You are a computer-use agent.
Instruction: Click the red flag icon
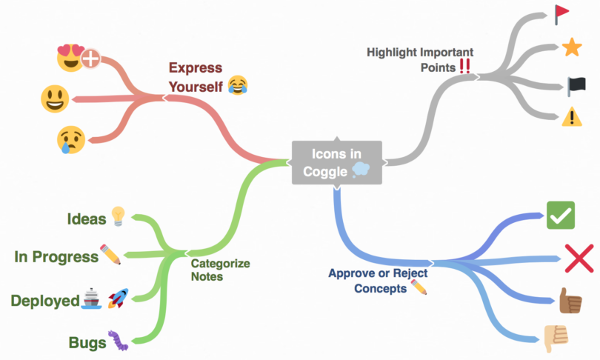(x=561, y=13)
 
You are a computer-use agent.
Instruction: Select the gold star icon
(x=571, y=49)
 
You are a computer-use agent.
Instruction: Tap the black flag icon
(x=572, y=84)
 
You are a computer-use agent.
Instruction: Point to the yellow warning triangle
(x=571, y=117)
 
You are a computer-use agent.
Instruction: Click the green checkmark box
(x=560, y=216)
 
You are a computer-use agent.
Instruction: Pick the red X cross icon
(x=578, y=259)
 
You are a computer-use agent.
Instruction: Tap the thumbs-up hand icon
(x=569, y=301)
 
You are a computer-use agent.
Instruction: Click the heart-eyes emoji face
(x=70, y=57)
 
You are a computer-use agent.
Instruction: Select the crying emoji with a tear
(x=70, y=139)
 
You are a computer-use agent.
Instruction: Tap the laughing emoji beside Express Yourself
(x=237, y=85)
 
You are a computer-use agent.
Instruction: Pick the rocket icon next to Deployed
(x=118, y=299)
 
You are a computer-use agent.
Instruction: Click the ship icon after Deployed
(x=91, y=299)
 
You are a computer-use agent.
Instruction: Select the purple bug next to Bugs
(x=118, y=341)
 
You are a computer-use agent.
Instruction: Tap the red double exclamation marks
(x=465, y=67)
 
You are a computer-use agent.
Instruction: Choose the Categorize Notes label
(x=220, y=270)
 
